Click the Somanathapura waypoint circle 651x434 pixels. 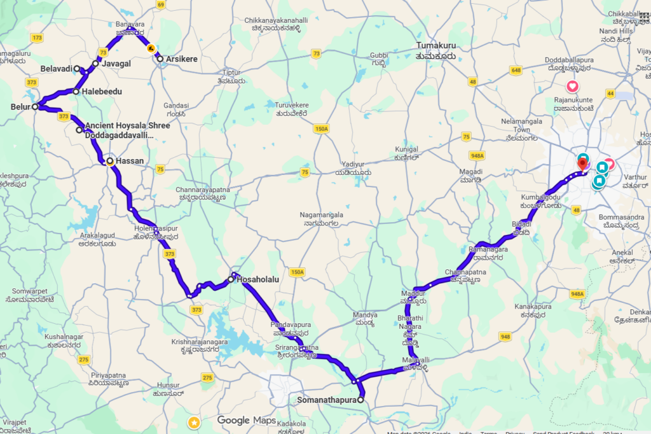coord(360,400)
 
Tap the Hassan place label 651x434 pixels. coord(130,161)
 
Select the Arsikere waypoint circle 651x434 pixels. coord(160,59)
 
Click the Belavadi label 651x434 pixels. coord(56,68)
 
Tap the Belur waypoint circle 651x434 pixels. coord(36,107)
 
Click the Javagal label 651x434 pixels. coord(117,64)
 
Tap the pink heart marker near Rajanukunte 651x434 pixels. coord(572,87)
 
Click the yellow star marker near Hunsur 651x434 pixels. coord(194,423)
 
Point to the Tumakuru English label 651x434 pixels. coord(436,45)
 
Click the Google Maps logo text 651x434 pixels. coord(246,420)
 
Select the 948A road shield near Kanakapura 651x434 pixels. coord(577,294)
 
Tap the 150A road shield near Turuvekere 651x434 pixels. coord(321,129)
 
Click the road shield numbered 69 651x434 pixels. coord(161,5)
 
